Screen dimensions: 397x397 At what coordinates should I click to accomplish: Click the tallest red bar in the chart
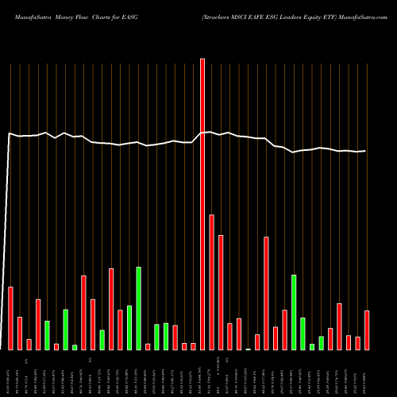pyautogui.click(x=202, y=203)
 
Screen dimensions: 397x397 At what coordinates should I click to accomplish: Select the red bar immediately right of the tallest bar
pyautogui.click(x=212, y=282)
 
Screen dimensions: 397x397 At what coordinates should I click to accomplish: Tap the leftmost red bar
pyautogui.click(x=10, y=318)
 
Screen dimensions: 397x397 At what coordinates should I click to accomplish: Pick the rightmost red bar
pyautogui.click(x=367, y=330)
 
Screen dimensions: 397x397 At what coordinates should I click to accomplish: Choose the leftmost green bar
pyautogui.click(x=47, y=335)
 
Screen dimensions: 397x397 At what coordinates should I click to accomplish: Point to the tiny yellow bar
pyautogui.click(x=249, y=349)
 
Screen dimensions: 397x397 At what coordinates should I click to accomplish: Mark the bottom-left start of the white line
pyautogui.click(x=2, y=348)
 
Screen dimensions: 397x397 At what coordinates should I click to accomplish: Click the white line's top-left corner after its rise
pyautogui.click(x=10, y=134)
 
